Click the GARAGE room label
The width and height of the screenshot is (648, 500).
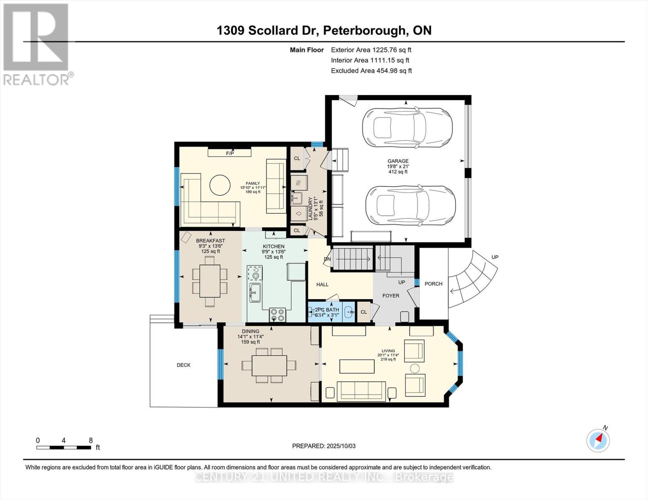[x=398, y=161]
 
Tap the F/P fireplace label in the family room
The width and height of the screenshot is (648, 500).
[x=229, y=153]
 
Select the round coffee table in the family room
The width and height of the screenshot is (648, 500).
[x=219, y=185]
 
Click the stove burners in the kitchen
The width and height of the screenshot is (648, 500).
[x=277, y=315]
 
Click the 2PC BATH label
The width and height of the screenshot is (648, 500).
[x=327, y=310]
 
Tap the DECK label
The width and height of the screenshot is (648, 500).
[x=184, y=365]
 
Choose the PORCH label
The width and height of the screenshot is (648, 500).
[x=434, y=284]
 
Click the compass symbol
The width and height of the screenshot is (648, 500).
[x=598, y=440]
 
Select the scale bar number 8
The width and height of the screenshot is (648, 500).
[x=91, y=440]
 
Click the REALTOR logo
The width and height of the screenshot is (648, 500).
[x=37, y=44]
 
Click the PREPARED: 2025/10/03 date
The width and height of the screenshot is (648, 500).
[x=324, y=446]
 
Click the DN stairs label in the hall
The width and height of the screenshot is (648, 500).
[x=327, y=259]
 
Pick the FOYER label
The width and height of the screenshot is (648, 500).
[x=391, y=295]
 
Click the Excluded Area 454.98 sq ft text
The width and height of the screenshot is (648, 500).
[x=371, y=71]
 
